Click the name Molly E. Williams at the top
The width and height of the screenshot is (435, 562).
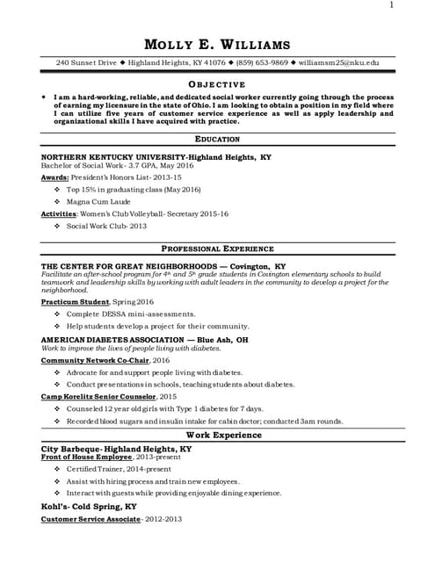pos(217,45)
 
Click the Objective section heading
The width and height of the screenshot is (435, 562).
pos(218,83)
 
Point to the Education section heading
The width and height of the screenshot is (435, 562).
pos(217,139)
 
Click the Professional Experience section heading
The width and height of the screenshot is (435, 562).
pos(217,249)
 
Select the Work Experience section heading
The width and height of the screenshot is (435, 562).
pos(217,435)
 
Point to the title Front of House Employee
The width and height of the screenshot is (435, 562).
pos(87,458)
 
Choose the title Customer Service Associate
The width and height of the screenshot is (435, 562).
pos(91,519)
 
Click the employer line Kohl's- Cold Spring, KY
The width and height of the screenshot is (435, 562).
pos(89,507)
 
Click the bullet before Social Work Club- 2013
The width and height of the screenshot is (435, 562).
pos(57,226)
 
